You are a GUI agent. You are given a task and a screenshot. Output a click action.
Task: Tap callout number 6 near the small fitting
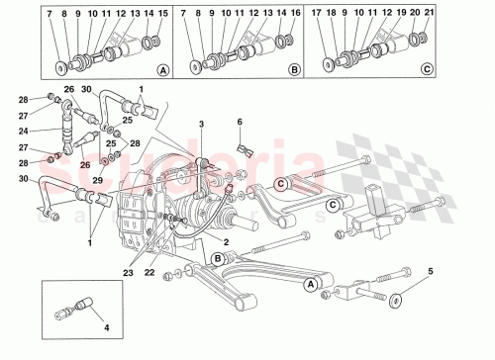pos(239,122)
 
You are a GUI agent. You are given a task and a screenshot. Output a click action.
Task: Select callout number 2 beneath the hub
pos(226,241)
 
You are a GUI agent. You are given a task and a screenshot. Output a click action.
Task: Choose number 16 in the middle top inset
pos(297,15)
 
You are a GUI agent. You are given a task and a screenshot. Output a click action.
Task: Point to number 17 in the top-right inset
pos(317,15)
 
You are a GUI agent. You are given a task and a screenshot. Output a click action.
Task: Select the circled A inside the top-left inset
pos(161,70)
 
